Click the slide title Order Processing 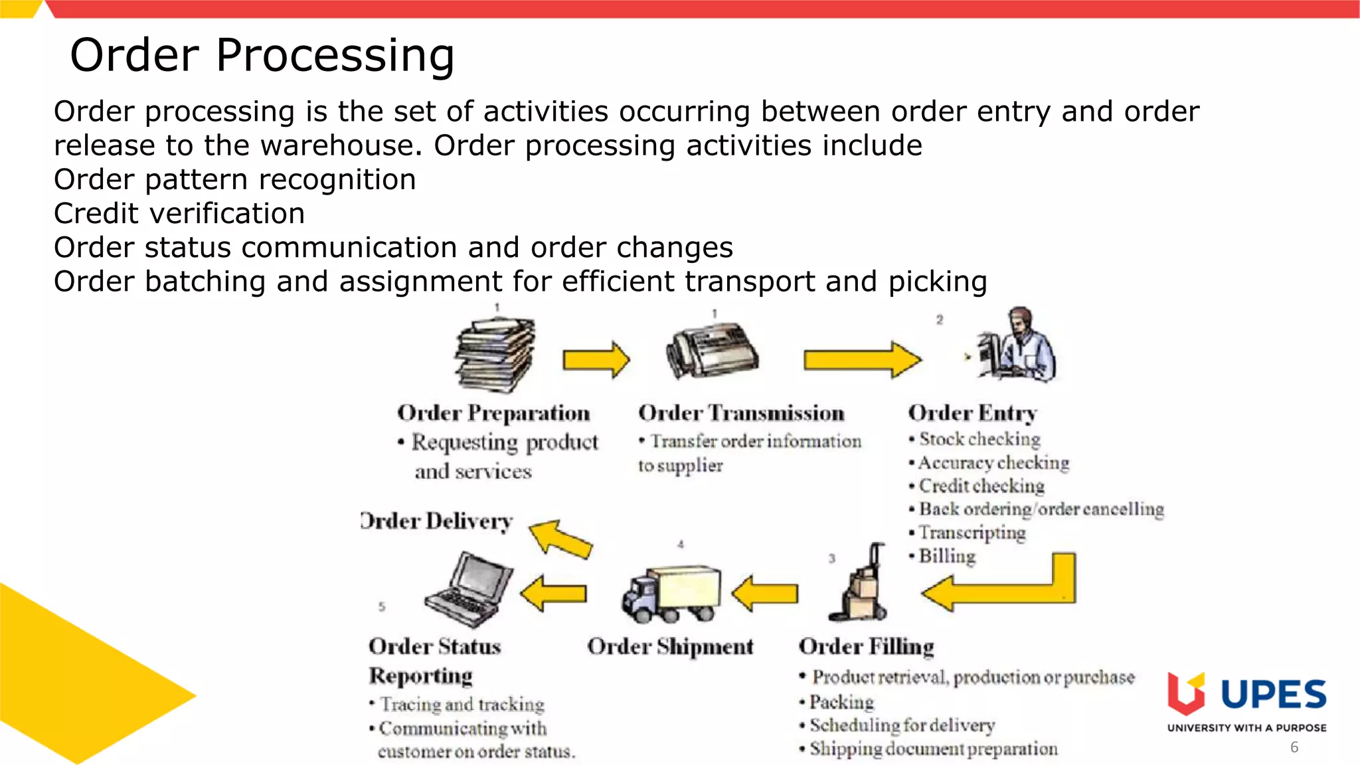(x=262, y=54)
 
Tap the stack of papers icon (x=495, y=355)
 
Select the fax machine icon (x=713, y=351)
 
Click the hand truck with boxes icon (x=860, y=584)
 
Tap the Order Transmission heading (x=741, y=413)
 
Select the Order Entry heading (x=972, y=413)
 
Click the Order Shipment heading (x=670, y=646)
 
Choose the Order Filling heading (x=867, y=646)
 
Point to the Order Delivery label (x=436, y=521)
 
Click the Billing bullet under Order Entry (x=946, y=556)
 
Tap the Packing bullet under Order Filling (x=841, y=702)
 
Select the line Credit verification (x=179, y=213)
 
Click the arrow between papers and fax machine (x=596, y=360)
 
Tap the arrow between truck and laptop (x=554, y=592)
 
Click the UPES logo (x=1246, y=701)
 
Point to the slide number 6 (x=1294, y=747)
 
